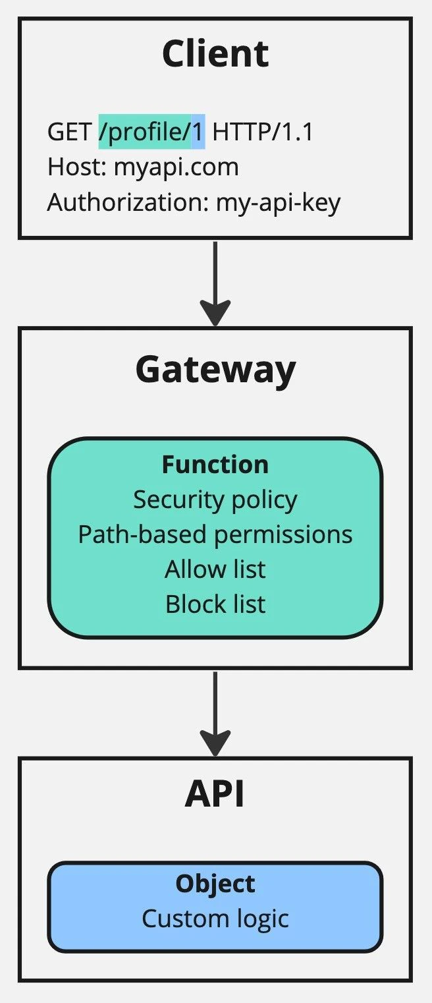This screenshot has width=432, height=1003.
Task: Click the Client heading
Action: pos(215,54)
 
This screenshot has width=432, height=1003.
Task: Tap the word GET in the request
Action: pos(69,132)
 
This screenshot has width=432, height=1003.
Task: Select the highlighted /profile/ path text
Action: pos(145,132)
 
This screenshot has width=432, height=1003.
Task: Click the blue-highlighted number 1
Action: pos(198,132)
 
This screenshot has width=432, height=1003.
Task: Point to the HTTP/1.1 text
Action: pos(263,132)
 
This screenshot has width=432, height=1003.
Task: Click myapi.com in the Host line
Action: pos(176,167)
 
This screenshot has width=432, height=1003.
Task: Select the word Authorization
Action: pos(126,202)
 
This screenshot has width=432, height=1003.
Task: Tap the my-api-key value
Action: pos(279,202)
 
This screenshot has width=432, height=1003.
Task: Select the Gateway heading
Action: pos(215,370)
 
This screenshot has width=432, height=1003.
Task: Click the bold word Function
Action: pos(215,465)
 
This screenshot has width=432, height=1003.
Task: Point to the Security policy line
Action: pos(215,500)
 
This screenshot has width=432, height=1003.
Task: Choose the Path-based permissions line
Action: pos(215,534)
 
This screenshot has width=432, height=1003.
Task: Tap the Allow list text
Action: pos(215,569)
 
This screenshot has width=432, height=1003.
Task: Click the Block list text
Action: pos(215,604)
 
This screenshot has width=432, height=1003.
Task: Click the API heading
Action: pos(215,795)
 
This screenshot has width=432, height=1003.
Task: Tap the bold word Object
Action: pos(215,884)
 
